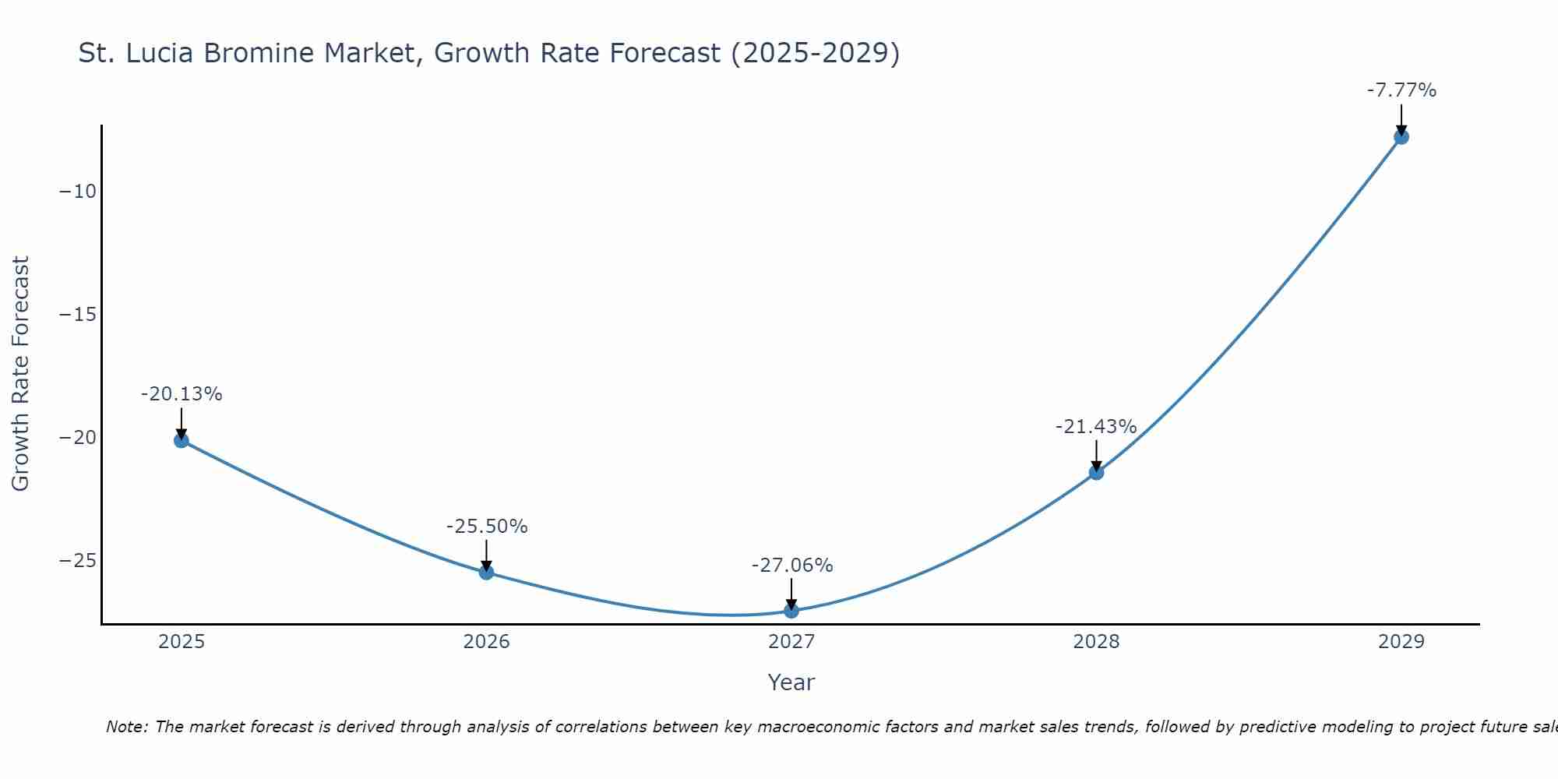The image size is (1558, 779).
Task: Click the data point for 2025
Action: point(182,441)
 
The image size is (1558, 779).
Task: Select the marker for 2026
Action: point(486,573)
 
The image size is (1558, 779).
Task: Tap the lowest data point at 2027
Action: point(791,611)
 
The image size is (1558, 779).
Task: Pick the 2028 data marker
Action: point(1096,472)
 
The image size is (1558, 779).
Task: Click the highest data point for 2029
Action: point(1401,137)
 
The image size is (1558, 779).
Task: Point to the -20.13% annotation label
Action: point(182,394)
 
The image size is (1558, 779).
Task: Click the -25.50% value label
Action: point(487,527)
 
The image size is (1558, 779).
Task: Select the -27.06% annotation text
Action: point(792,566)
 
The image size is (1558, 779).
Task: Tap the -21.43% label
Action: point(1096,427)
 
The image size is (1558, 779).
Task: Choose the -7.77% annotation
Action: point(1401,90)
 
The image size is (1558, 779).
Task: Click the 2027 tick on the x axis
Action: point(791,642)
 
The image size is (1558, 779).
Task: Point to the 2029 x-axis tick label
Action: point(1401,642)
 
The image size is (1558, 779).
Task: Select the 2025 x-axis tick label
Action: point(182,642)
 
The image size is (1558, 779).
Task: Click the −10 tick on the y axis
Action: point(78,192)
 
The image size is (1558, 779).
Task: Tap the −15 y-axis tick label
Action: point(78,315)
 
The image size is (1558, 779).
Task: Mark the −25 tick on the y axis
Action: point(78,561)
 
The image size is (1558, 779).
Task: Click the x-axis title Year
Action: point(791,682)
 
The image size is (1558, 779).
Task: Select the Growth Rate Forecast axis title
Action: point(20,374)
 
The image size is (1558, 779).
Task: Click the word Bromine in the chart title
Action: point(372,53)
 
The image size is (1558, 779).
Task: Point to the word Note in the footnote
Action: point(125,727)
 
